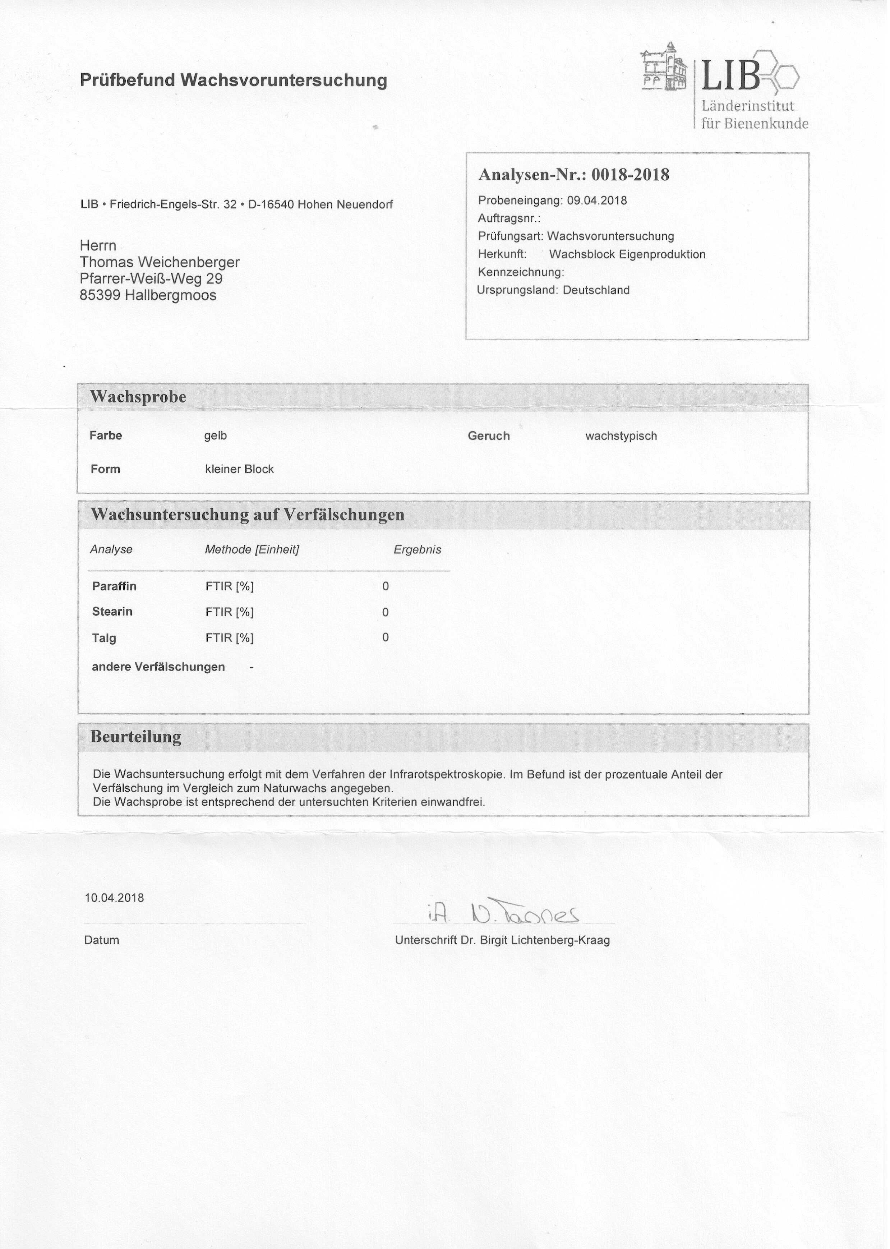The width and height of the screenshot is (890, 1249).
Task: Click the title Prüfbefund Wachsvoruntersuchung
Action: tap(234, 80)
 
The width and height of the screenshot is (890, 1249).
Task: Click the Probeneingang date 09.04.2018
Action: tap(597, 201)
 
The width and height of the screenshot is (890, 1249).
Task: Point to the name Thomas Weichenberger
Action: tap(160, 262)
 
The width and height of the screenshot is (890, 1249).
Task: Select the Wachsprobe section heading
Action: tap(138, 397)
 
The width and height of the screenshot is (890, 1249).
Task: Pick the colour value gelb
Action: tap(215, 436)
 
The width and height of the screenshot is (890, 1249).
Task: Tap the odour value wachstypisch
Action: tap(621, 436)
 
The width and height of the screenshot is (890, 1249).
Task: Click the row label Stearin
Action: tap(112, 612)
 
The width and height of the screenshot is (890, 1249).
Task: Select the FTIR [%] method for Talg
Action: tap(230, 638)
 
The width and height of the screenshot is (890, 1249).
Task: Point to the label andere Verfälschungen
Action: tap(158, 667)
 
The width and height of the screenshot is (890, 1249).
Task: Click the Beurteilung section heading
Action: tap(135, 737)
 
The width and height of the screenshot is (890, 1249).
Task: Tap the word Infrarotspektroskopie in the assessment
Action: tap(446, 775)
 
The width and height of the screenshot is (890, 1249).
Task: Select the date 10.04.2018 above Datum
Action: tap(114, 898)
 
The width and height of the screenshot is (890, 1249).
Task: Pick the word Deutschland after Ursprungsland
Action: tap(596, 290)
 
